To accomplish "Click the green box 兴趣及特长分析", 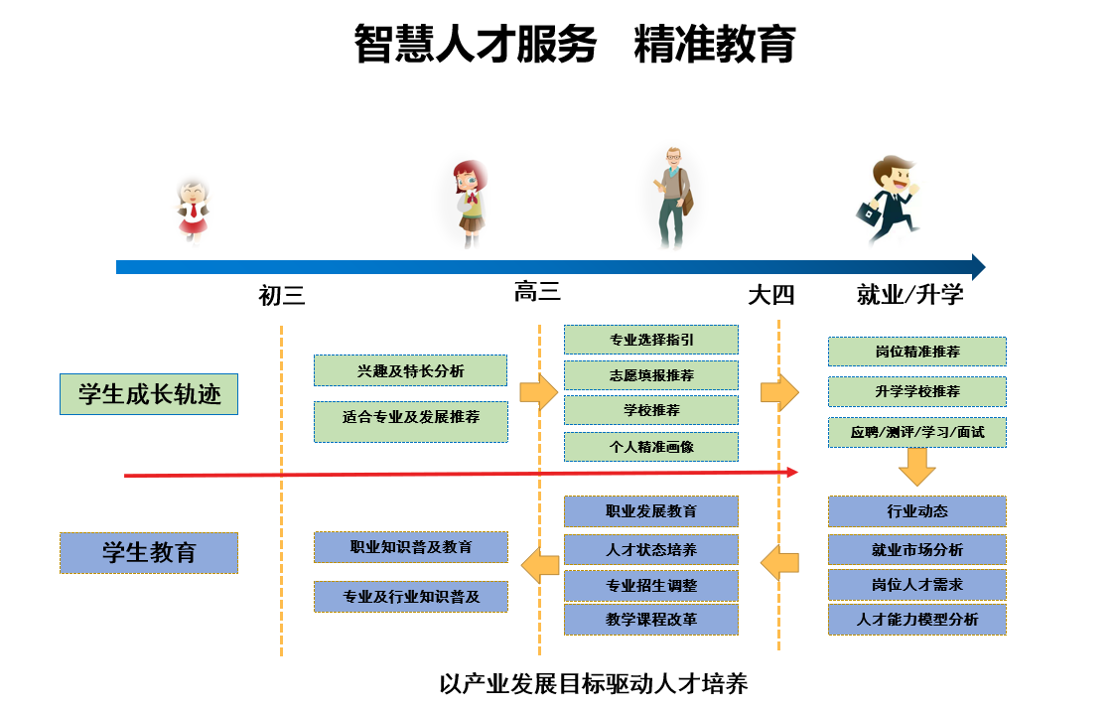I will point(410,370).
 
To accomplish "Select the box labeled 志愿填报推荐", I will point(651,375).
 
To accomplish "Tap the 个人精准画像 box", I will point(651,446).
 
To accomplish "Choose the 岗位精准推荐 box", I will point(917,352).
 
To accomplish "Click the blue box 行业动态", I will point(917,511).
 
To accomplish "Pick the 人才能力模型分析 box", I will point(917,620).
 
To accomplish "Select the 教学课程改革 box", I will point(651,620).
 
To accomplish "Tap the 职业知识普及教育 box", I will point(410,547).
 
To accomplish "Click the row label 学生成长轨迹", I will point(149,394).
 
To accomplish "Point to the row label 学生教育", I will point(149,552).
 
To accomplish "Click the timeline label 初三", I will point(281,295).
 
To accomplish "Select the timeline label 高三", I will point(537,292).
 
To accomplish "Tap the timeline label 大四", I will point(771,295).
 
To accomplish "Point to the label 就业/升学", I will point(910,295).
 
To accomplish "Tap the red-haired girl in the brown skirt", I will point(471,203).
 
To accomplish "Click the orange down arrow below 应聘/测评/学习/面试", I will point(917,466).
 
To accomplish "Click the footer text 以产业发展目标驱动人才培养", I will point(593,684).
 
